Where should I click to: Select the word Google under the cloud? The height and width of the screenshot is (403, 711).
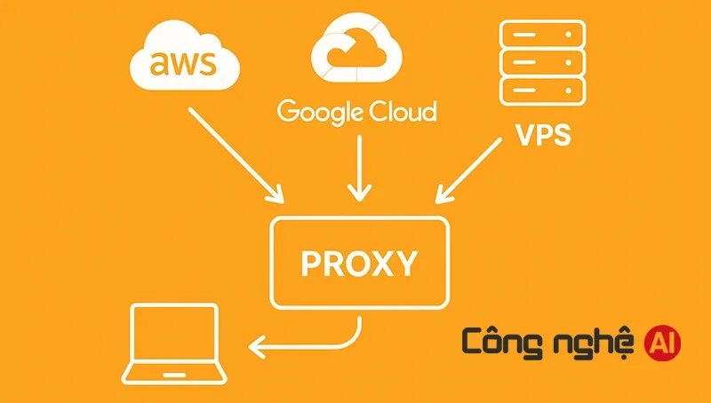tap(320, 113)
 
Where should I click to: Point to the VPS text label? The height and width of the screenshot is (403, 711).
tap(543, 138)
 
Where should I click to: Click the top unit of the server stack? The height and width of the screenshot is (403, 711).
tap(542, 35)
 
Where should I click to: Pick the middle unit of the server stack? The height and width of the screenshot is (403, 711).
tap(542, 63)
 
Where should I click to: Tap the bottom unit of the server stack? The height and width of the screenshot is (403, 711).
tap(542, 91)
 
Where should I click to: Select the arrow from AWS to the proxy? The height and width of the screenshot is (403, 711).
tap(235, 153)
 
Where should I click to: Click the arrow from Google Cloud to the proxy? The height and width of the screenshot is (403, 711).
tap(358, 168)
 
